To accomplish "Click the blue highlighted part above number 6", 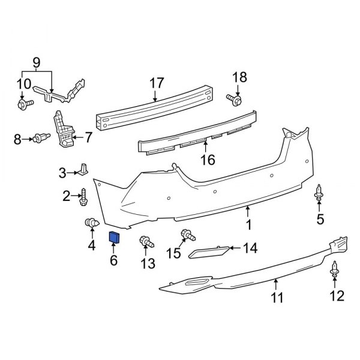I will point(113,238).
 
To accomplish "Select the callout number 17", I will point(156,82).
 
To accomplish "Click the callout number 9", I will point(36,62).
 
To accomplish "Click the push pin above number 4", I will point(92,224).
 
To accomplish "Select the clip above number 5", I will point(319,194).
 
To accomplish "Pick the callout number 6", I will point(113,260).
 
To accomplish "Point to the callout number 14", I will point(250,248).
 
